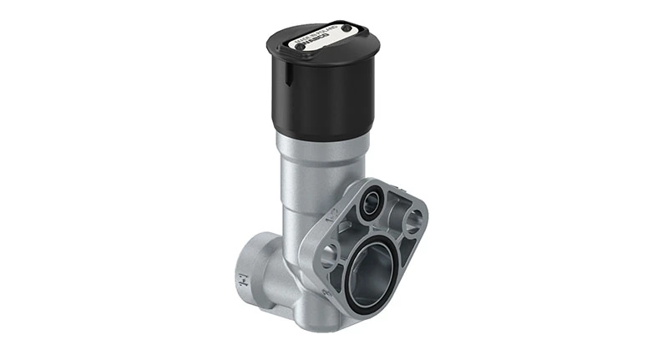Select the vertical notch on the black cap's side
[x=282, y=76]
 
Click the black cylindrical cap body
[x=326, y=96]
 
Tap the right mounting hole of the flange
[x=412, y=221]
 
